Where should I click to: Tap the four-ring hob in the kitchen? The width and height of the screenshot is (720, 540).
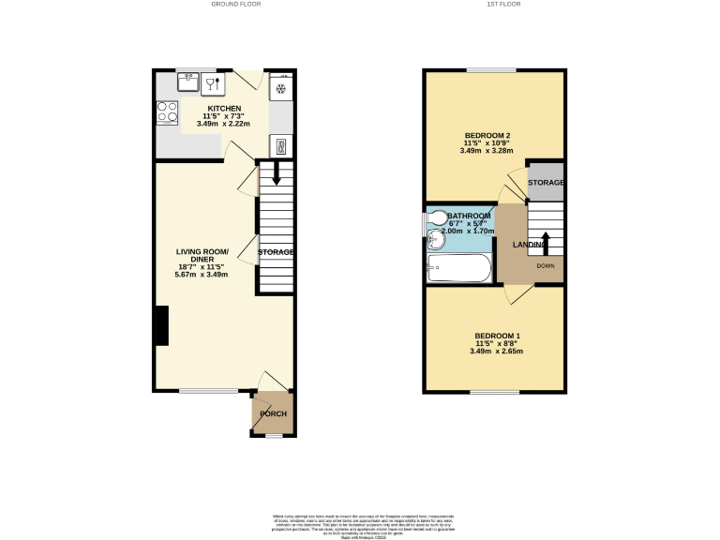[168, 112]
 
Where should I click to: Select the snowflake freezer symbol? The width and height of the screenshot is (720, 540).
[280, 89]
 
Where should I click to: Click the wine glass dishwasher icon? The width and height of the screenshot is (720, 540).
[212, 83]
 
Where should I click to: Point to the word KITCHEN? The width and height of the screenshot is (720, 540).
[224, 109]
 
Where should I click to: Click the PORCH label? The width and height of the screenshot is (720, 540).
[273, 414]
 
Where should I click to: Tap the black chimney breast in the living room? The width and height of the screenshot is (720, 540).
[161, 326]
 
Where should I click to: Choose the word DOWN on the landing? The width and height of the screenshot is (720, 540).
[546, 265]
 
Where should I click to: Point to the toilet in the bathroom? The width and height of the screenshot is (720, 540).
[439, 218]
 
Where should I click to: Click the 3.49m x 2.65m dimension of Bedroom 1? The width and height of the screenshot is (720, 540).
[496, 352]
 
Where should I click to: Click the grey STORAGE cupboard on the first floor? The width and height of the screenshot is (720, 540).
[545, 182]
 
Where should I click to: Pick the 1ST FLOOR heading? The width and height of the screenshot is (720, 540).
[502, 5]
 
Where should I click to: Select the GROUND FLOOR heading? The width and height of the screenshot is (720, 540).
[235, 5]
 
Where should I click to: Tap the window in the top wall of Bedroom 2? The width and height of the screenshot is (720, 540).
[491, 70]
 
